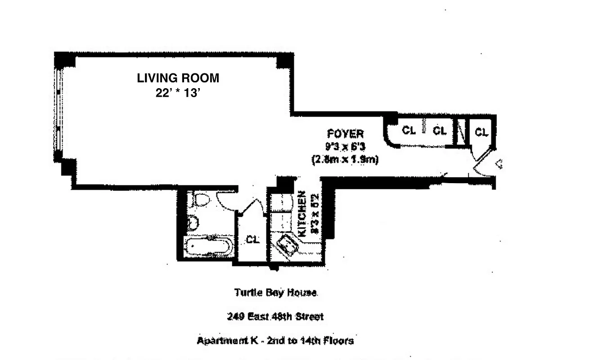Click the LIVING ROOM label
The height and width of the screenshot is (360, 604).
pos(178,78)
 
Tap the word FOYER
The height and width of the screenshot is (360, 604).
pos(345,134)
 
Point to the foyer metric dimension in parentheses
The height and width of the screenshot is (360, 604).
pos(345,159)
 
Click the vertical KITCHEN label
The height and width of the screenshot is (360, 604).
pos(302,214)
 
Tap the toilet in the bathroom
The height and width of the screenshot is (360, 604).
pos(198,199)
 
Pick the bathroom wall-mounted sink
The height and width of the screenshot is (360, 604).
pos(192,222)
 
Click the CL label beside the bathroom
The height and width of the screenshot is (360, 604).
pos(253,240)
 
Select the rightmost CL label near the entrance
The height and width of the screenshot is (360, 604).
pos(482,132)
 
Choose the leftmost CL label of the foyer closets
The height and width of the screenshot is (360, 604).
pos(408,130)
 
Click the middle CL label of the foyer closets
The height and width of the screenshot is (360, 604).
pos(439,130)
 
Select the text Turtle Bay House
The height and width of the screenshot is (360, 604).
pos(275,292)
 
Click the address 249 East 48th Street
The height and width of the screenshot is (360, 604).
pos(275,317)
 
